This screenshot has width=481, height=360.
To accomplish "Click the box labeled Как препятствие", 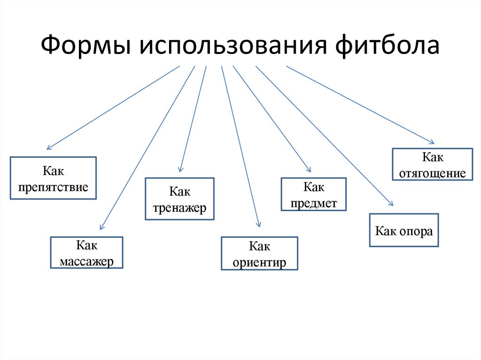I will [x=53, y=178].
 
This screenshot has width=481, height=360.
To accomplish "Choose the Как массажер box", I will [x=87, y=253].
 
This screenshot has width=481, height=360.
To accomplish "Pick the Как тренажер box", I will [x=179, y=199].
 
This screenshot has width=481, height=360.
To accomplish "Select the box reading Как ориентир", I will [x=259, y=253].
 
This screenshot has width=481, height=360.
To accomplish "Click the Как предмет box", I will [x=314, y=194].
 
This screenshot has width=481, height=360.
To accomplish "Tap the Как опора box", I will [x=404, y=230].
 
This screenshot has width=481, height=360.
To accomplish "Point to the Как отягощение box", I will [x=432, y=165].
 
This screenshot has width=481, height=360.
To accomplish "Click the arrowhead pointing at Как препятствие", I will [x=48, y=148].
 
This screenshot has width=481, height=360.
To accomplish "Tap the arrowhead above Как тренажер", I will [x=180, y=169].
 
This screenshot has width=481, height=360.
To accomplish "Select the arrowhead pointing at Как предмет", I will [x=309, y=170].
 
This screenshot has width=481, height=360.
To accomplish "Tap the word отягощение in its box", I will [x=432, y=173].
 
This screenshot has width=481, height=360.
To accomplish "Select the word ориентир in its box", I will [x=259, y=262].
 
